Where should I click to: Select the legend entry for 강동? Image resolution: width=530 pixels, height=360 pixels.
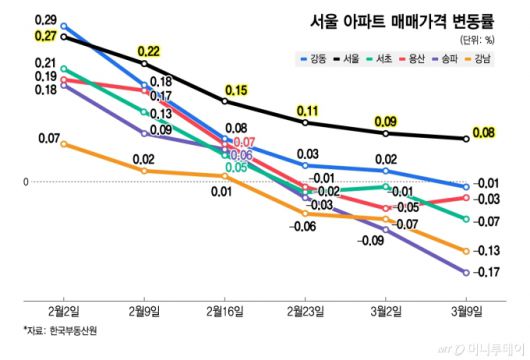coord(317,61)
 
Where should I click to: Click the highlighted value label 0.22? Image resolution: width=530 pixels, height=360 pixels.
coord(149,51)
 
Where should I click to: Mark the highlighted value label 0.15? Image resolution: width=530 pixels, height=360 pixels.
coord(236,91)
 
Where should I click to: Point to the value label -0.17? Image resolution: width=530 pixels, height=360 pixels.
coord(487,272)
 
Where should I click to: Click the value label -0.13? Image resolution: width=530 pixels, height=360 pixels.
coord(487,250)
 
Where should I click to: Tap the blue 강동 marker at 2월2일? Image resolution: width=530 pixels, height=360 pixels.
coord(65,26)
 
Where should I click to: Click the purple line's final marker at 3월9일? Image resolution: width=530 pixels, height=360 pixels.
coord(465,272)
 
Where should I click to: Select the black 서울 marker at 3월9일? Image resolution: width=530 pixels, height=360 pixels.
coord(465,139)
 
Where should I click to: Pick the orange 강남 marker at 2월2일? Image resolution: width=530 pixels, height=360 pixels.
coord(65,144)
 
